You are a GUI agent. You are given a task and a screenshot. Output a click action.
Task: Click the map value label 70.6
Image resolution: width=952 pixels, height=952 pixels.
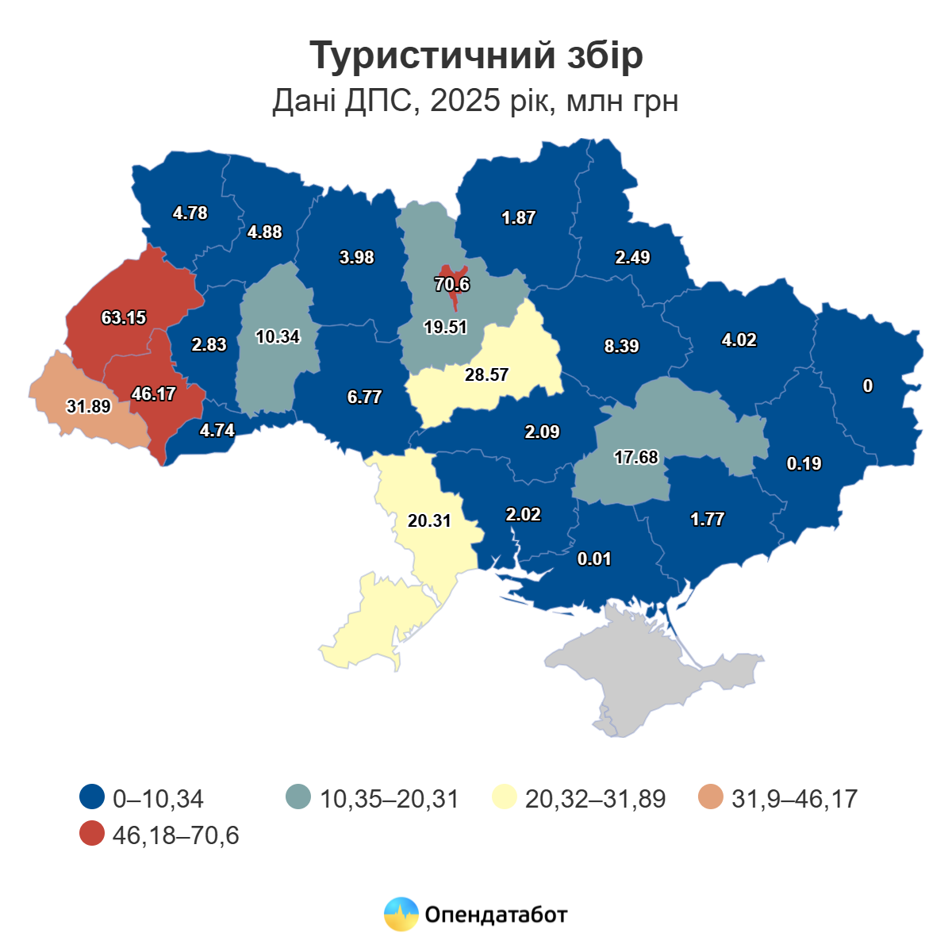[452, 285]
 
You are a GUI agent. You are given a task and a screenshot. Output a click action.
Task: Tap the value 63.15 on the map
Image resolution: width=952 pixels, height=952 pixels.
[124, 317]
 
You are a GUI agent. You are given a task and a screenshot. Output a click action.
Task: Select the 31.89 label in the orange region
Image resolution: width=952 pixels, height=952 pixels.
[88, 406]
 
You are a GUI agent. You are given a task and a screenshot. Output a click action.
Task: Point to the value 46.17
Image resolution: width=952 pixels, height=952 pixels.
[154, 393]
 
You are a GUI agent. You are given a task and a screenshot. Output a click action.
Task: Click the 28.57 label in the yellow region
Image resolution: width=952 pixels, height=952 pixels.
[486, 374]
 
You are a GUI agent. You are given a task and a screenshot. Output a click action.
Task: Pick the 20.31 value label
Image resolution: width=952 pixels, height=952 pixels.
[429, 520]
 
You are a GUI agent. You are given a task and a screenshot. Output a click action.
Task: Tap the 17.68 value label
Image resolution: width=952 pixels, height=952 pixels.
[636, 457]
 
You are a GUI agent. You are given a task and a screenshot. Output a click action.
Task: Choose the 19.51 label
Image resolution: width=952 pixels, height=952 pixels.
[445, 327]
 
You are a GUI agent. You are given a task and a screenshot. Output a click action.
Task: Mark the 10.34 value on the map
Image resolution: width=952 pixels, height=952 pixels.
[278, 336]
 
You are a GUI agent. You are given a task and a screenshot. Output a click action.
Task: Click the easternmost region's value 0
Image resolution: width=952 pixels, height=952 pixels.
[868, 386]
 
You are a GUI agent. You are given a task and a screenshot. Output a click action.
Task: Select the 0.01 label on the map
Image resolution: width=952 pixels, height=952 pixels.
[594, 559]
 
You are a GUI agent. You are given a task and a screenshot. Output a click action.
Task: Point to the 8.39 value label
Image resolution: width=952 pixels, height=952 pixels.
[621, 346]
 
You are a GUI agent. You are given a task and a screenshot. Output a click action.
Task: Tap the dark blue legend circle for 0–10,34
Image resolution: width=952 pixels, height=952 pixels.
[93, 797]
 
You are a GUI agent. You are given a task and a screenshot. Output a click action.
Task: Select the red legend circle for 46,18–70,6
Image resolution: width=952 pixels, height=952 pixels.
[93, 835]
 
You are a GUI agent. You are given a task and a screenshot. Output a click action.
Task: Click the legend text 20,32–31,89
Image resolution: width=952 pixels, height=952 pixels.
[595, 798]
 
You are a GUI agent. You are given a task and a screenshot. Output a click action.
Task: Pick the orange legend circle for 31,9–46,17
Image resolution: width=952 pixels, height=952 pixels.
[711, 797]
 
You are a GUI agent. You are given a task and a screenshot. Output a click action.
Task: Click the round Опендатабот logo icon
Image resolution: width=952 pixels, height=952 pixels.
[401, 914]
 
